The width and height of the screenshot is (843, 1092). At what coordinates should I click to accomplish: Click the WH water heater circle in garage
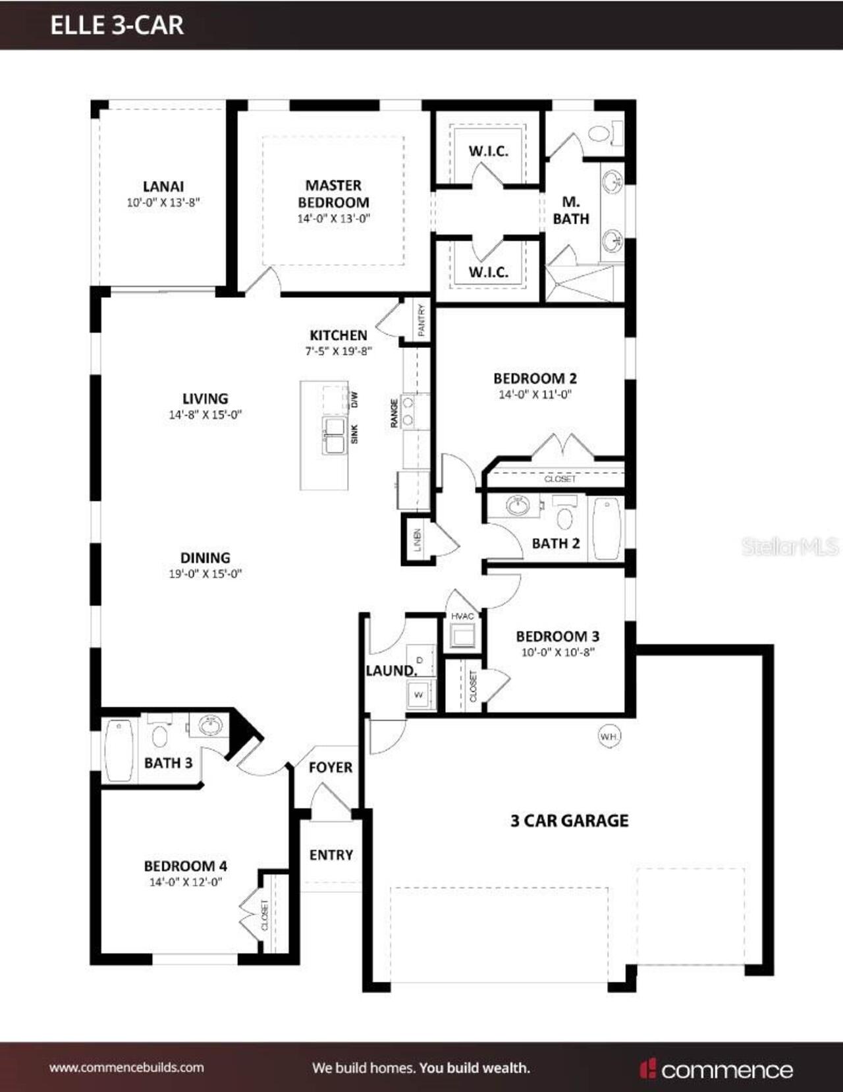tap(609, 736)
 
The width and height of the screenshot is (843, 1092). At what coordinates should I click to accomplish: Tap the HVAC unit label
tap(462, 616)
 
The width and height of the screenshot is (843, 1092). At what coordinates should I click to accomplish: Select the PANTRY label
tap(421, 320)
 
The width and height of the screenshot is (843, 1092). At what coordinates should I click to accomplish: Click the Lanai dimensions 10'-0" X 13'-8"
tap(163, 203)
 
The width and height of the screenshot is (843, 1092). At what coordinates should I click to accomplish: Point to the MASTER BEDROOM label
tap(333, 194)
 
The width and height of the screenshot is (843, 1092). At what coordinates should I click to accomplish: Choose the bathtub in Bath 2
tap(607, 529)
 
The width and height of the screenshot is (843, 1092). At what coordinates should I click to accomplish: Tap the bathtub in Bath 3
tap(119, 749)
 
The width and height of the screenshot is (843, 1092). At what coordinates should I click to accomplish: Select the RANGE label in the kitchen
tap(394, 413)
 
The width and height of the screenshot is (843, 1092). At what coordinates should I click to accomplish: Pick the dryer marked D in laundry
tap(420, 660)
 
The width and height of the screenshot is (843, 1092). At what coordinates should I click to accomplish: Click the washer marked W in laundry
tap(419, 695)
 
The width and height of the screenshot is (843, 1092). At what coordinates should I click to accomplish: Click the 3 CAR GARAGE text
tap(570, 820)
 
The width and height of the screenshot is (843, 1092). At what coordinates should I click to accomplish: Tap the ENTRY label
tap(331, 855)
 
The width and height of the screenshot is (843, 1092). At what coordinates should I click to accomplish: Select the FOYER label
tap(331, 767)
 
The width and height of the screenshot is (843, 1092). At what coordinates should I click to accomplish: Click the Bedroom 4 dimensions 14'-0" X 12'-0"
tap(186, 882)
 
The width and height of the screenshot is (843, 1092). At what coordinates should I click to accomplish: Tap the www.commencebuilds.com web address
tap(126, 1068)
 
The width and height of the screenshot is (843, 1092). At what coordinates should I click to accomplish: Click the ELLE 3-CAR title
tap(117, 25)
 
